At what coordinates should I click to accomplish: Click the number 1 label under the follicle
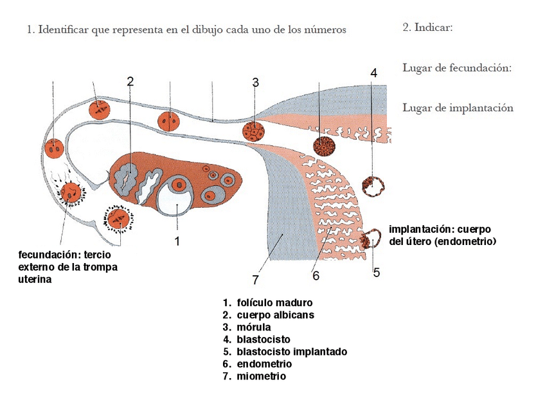177,241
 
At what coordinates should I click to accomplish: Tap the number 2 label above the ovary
130,81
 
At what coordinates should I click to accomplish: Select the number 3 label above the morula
255,82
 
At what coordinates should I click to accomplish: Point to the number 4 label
373,73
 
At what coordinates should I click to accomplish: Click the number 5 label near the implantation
377,272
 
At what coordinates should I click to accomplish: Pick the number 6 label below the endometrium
316,276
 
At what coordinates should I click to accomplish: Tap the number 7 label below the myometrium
255,280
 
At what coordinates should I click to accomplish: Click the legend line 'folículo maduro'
274,302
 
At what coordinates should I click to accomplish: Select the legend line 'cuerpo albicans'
276,315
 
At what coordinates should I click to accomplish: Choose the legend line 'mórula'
254,327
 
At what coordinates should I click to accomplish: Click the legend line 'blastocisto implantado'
292,352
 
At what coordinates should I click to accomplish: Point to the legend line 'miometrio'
261,376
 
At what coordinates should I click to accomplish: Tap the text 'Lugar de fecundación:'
457,68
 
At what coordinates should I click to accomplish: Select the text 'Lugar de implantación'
458,107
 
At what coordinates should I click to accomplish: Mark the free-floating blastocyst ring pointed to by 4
374,186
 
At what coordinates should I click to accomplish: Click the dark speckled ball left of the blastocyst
325,146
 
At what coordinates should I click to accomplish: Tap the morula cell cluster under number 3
254,131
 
